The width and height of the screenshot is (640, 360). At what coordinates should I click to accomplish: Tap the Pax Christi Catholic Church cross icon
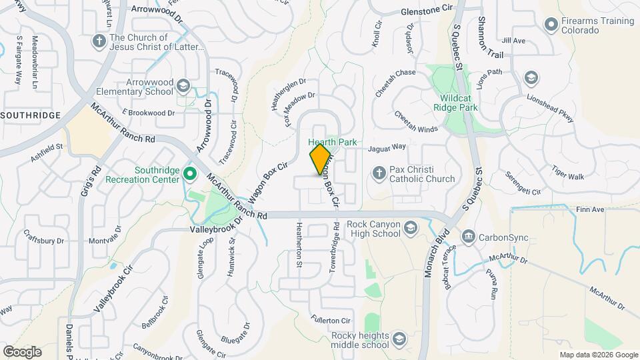click(x=379, y=173)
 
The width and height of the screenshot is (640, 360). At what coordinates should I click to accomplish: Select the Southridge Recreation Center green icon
click(x=189, y=175)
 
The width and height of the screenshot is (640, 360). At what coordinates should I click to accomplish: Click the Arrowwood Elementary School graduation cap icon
click(x=183, y=85)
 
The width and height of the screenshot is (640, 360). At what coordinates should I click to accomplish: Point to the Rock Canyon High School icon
click(x=410, y=229)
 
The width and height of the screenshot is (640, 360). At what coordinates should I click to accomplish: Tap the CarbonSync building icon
click(x=469, y=237)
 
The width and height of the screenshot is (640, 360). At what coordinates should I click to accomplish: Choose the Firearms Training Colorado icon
click(x=551, y=25)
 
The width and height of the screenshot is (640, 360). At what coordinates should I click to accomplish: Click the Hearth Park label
click(x=333, y=143)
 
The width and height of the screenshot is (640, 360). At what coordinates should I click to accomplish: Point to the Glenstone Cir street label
click(x=427, y=11)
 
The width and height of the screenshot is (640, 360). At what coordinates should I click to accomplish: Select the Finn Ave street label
click(x=590, y=210)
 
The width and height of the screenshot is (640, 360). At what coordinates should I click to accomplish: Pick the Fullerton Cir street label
click(x=331, y=321)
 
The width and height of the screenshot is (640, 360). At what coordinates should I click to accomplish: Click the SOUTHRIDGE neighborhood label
click(x=31, y=115)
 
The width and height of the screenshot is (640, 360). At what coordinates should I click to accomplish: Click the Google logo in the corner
click(x=22, y=351)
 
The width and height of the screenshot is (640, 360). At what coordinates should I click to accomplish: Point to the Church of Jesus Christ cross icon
click(x=99, y=41)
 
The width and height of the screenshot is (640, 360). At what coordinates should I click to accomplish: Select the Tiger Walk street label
click(x=567, y=177)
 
